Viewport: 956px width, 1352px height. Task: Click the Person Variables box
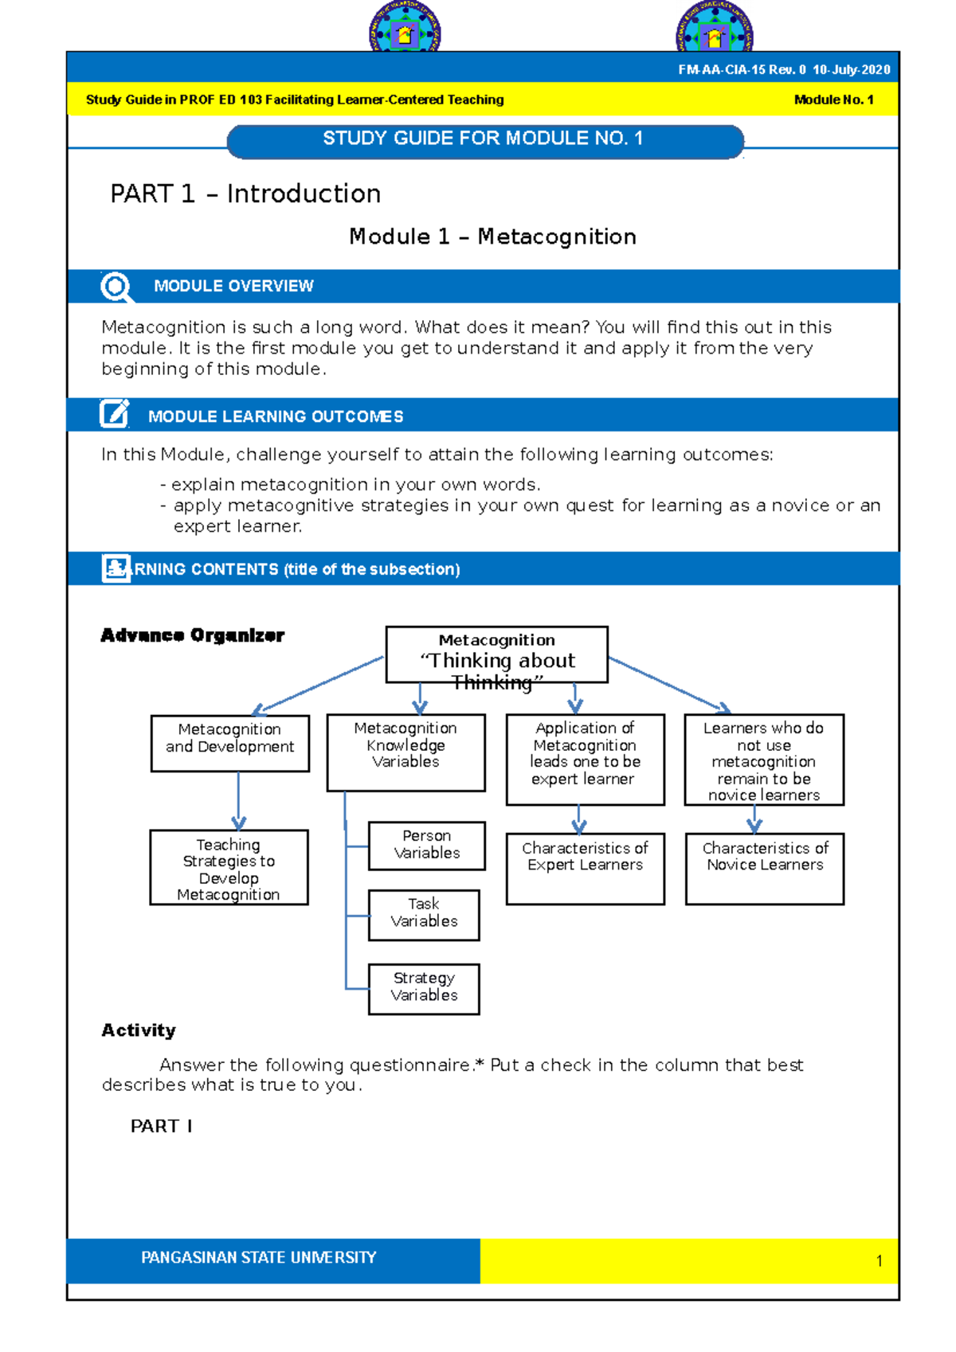point(426,845)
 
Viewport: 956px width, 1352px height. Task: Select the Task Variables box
point(424,914)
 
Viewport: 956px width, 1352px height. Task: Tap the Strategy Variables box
point(424,988)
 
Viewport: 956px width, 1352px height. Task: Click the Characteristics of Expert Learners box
point(585,868)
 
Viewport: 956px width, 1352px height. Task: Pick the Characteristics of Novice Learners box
point(764,868)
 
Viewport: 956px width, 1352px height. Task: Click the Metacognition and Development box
point(229,742)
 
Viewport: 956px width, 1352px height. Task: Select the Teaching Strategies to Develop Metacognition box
point(229,867)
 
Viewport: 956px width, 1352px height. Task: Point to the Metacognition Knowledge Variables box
point(406,752)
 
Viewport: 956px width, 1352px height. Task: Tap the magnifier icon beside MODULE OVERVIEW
point(116,287)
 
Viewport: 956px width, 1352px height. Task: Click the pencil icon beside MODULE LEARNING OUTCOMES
point(114,414)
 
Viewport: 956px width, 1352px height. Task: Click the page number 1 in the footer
point(879,1260)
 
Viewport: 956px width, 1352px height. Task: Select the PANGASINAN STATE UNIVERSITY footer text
point(258,1257)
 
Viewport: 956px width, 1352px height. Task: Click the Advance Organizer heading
point(192,635)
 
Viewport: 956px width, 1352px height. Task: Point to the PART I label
point(161,1126)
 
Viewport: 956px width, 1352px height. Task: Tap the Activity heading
point(139,1030)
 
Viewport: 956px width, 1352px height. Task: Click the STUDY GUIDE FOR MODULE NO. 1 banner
point(484,140)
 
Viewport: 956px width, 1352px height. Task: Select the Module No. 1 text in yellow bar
point(833,100)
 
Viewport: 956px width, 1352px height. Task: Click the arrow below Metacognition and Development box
point(238,803)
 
